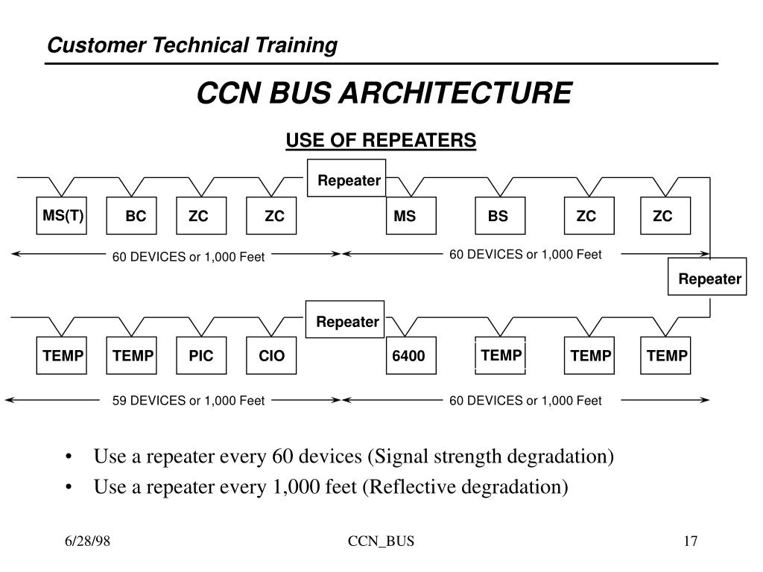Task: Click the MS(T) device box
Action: [63, 216]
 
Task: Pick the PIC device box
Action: [201, 356]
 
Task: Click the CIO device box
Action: [272, 356]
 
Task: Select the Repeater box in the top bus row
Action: [346, 179]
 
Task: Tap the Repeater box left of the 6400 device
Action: [346, 321]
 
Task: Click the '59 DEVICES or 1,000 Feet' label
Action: [189, 401]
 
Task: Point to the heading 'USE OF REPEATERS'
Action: [381, 140]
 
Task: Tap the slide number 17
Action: [690, 541]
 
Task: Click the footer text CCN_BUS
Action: [381, 541]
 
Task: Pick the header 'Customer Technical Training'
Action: [192, 45]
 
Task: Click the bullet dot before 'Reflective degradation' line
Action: [69, 487]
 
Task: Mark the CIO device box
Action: [272, 356]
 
